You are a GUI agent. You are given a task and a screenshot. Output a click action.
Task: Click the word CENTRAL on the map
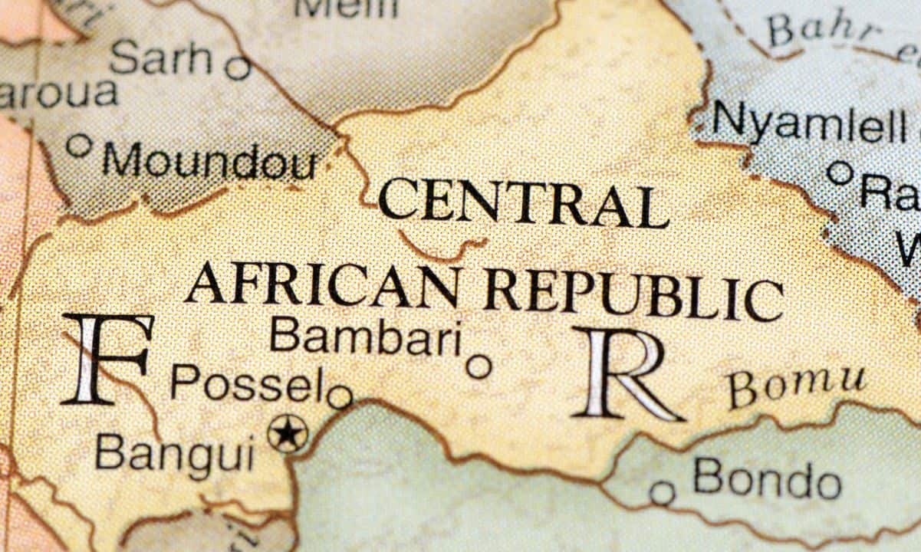[523, 202]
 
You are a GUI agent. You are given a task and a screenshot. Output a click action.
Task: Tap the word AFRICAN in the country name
[323, 284]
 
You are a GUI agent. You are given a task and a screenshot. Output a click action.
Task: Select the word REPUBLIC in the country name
[633, 292]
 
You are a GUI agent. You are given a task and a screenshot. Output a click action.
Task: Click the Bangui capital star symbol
[288, 433]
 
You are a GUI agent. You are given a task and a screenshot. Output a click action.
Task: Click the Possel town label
[246, 383]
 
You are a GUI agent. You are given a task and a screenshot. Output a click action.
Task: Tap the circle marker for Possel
[339, 397]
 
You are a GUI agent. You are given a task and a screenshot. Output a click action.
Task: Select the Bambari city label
[367, 337]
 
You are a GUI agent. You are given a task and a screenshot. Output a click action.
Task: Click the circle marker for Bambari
[479, 366]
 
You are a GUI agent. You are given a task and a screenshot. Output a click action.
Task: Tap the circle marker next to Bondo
[662, 492]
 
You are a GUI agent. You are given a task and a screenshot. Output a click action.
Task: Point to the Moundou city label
[209, 162]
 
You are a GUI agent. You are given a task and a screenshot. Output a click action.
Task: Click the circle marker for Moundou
[78, 145]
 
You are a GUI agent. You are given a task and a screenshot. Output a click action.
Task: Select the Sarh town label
[160, 58]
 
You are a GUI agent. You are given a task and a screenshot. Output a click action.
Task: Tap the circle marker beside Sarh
[238, 67]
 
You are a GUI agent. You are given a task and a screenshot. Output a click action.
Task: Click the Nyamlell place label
[809, 123]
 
